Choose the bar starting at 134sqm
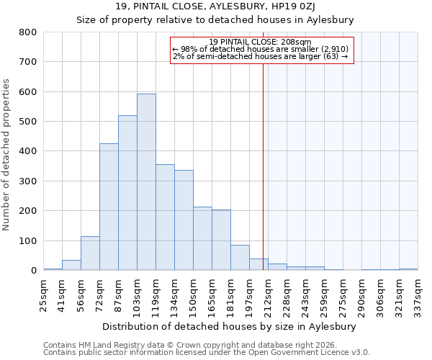pyautogui.click(x=184, y=220)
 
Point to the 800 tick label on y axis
pyautogui.click(x=28, y=32)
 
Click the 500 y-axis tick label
pyautogui.click(x=28, y=122)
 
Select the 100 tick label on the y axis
pyautogui.click(x=28, y=241)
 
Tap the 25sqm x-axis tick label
pyautogui.click(x=44, y=295)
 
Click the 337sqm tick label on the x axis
pyautogui.click(x=418, y=295)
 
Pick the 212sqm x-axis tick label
pyautogui.click(x=269, y=295)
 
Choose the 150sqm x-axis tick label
pyautogui.click(x=194, y=295)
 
